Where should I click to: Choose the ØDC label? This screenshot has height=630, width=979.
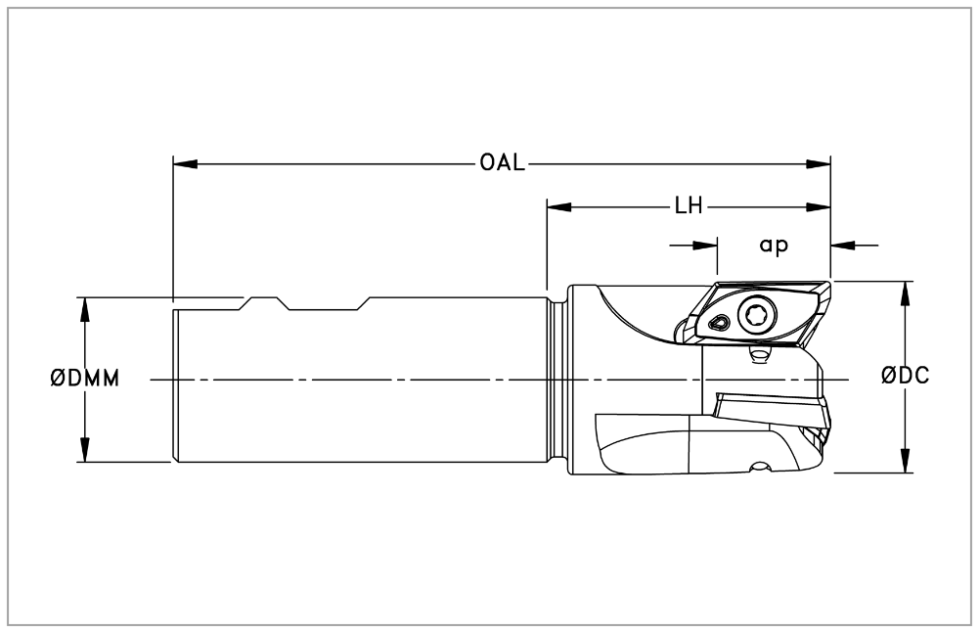904,377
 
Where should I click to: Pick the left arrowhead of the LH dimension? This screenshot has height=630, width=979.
558,207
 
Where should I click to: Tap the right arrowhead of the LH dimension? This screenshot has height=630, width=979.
820,207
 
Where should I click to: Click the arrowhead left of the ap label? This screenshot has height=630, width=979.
706,245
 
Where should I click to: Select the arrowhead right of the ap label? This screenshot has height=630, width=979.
842,245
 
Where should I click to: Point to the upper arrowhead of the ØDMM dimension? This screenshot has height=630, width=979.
85,307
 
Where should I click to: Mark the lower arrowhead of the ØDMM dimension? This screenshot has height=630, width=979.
85,451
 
